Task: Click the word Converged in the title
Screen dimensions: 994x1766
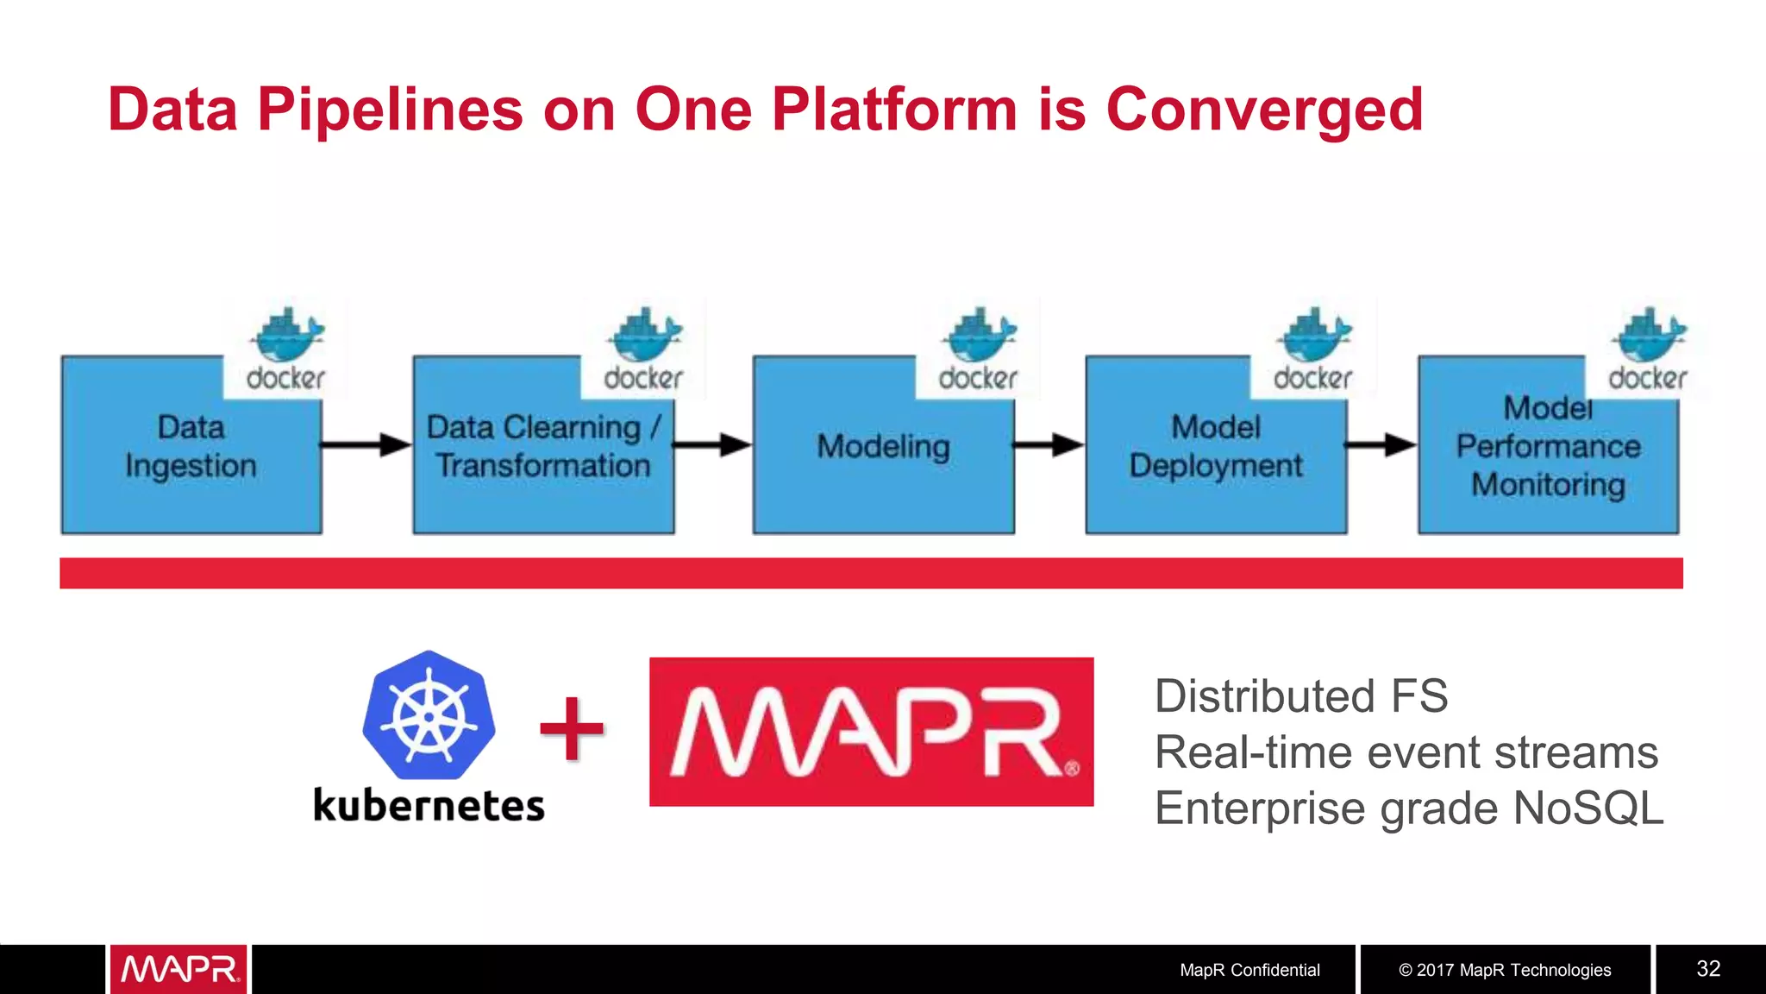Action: (x=1263, y=110)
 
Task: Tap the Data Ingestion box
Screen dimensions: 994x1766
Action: (x=191, y=466)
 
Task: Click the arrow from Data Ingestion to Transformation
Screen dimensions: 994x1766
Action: (x=366, y=445)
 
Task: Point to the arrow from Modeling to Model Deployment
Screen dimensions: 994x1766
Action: (x=1048, y=445)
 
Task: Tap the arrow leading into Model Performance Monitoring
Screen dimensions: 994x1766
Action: (x=1381, y=445)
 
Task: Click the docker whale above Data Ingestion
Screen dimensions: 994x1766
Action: (x=287, y=337)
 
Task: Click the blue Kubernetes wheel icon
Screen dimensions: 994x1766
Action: (x=429, y=715)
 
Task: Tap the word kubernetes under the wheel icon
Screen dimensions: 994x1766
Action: (x=429, y=806)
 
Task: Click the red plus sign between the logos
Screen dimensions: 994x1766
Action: (x=572, y=729)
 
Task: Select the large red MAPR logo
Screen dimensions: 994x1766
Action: (x=871, y=732)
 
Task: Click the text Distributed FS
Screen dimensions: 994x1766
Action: (x=1300, y=696)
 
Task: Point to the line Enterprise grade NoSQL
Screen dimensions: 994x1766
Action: (x=1408, y=808)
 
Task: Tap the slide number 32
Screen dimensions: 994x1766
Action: (x=1708, y=969)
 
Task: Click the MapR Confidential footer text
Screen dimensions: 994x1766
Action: (x=1249, y=970)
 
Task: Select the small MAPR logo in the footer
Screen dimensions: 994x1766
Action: (x=178, y=970)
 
